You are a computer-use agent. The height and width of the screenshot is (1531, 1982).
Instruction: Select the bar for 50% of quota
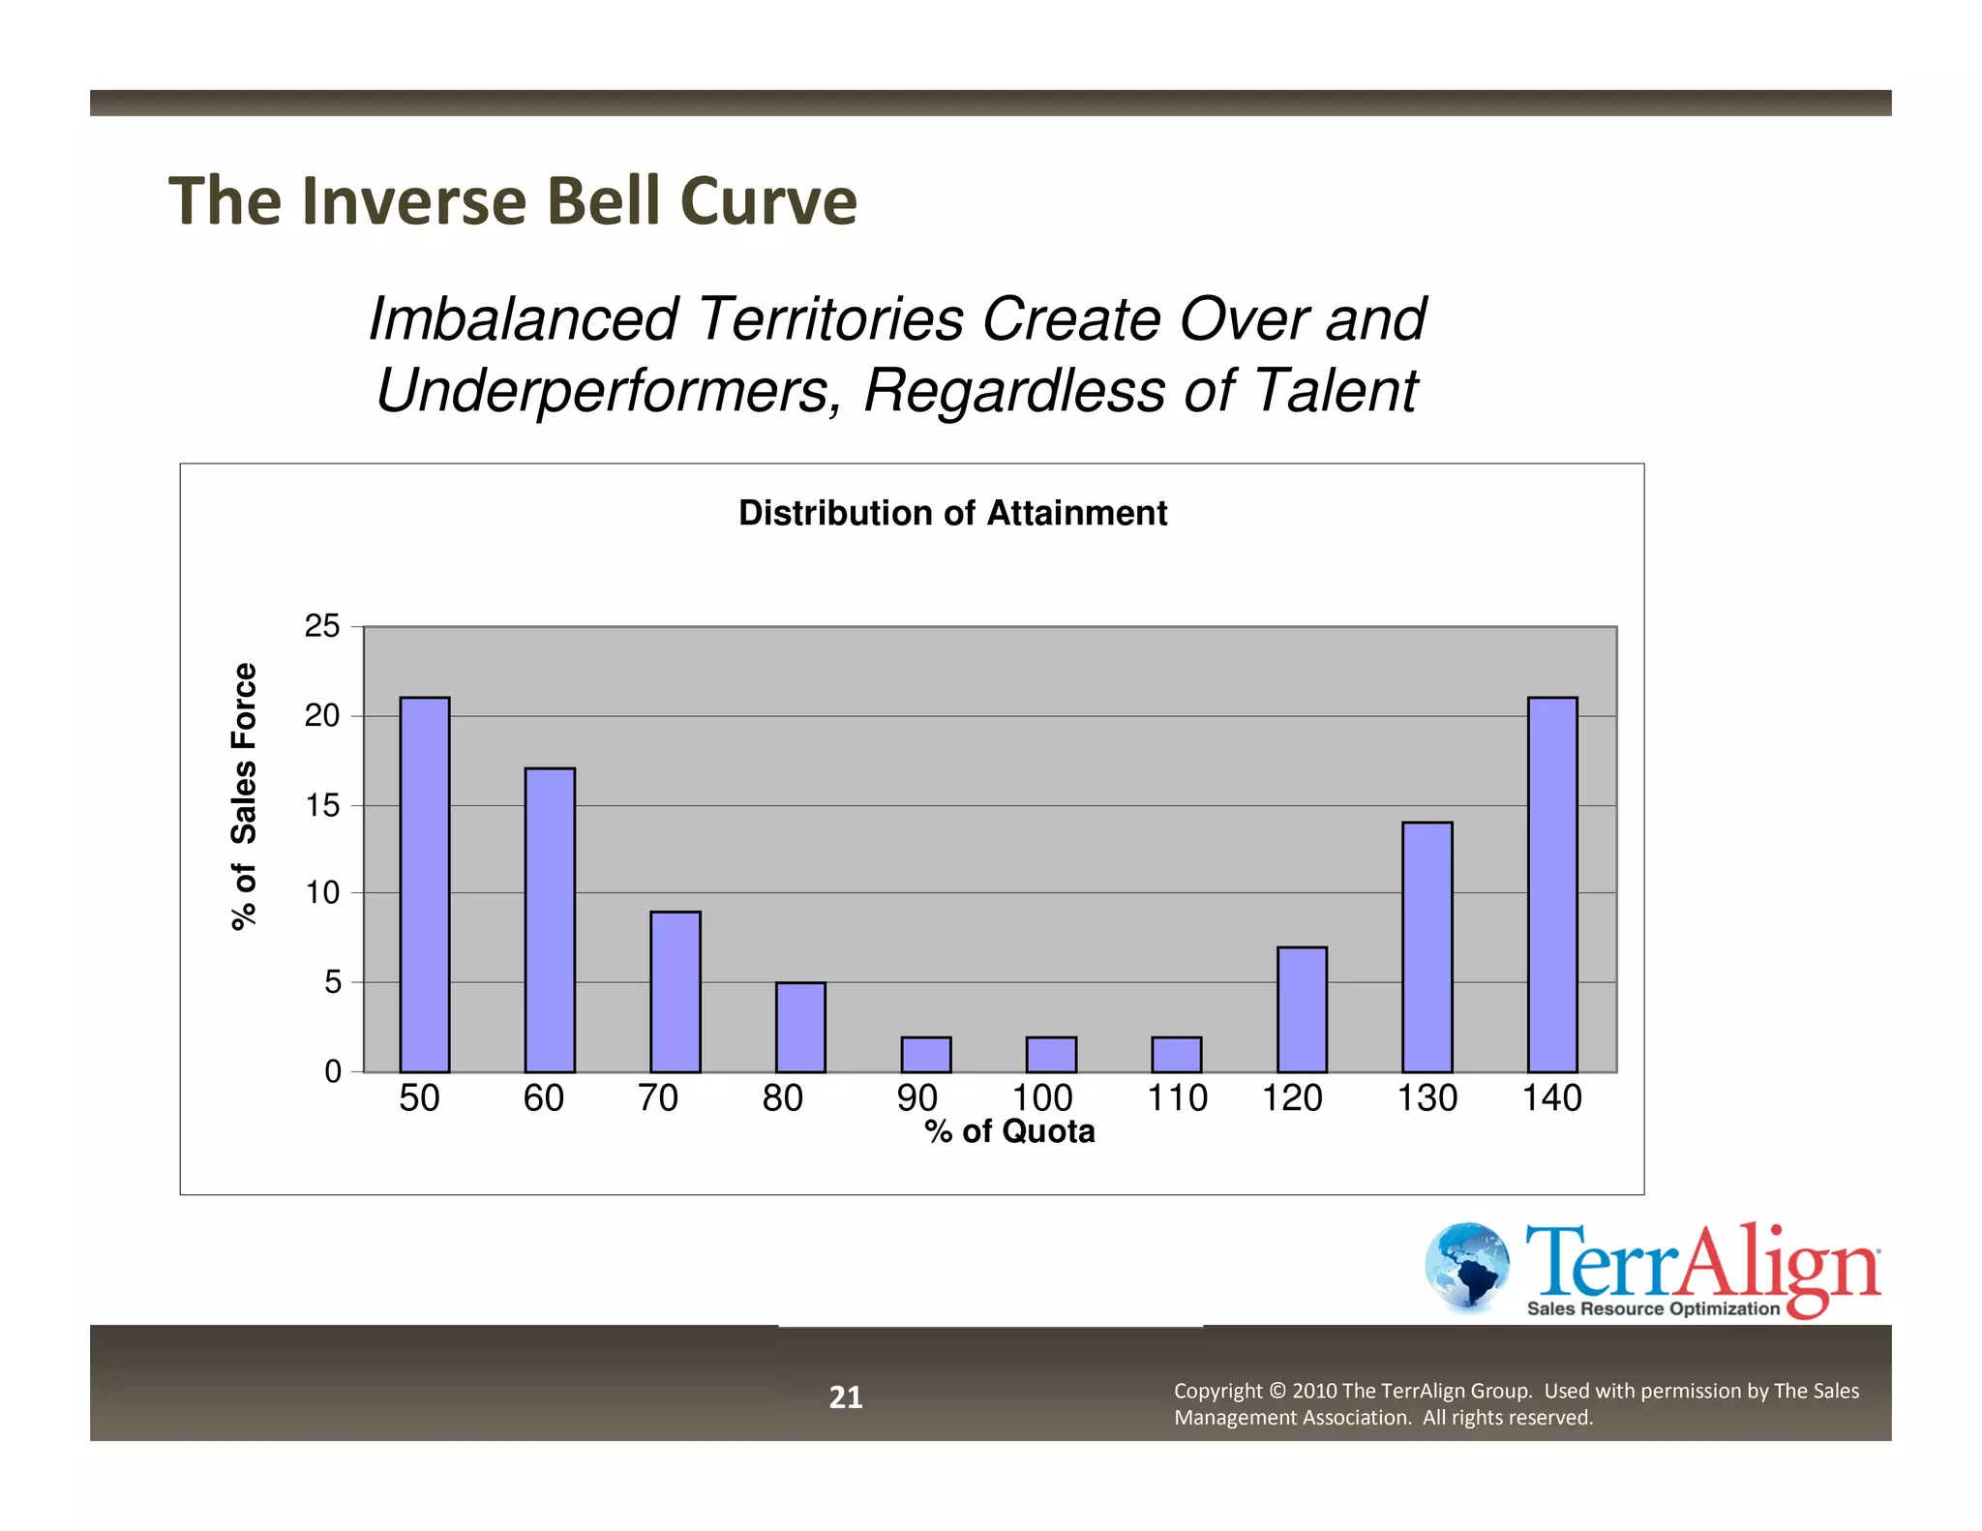[x=425, y=884]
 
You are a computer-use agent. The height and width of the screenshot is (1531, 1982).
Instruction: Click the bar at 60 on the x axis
[x=550, y=919]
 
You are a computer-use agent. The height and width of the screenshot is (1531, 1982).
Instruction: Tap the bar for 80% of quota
[x=800, y=1027]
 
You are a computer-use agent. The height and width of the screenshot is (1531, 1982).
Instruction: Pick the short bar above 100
[x=1051, y=1055]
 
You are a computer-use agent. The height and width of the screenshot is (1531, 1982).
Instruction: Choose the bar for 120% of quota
[x=1302, y=1009]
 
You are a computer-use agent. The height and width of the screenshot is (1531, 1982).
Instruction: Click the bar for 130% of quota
[x=1427, y=946]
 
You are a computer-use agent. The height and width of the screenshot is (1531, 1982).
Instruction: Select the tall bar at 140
[x=1552, y=884]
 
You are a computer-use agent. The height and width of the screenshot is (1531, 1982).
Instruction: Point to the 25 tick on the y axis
[x=322, y=626]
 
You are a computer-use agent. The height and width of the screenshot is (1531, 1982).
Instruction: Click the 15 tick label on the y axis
[x=322, y=805]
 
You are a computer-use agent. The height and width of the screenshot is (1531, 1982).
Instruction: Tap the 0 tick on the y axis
[x=333, y=1071]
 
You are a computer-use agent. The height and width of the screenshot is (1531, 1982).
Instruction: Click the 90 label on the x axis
[x=916, y=1098]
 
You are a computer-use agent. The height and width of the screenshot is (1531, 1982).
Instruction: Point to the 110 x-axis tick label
[x=1177, y=1098]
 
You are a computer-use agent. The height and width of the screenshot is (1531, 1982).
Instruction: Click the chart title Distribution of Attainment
[x=952, y=513]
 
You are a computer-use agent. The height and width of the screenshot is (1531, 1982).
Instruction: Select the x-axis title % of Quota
[x=1009, y=1131]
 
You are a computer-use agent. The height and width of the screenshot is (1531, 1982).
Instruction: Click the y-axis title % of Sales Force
[x=245, y=796]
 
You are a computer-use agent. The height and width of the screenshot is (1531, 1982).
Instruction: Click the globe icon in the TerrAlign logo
[x=1466, y=1266]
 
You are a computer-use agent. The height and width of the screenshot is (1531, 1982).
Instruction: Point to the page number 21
[x=846, y=1396]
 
